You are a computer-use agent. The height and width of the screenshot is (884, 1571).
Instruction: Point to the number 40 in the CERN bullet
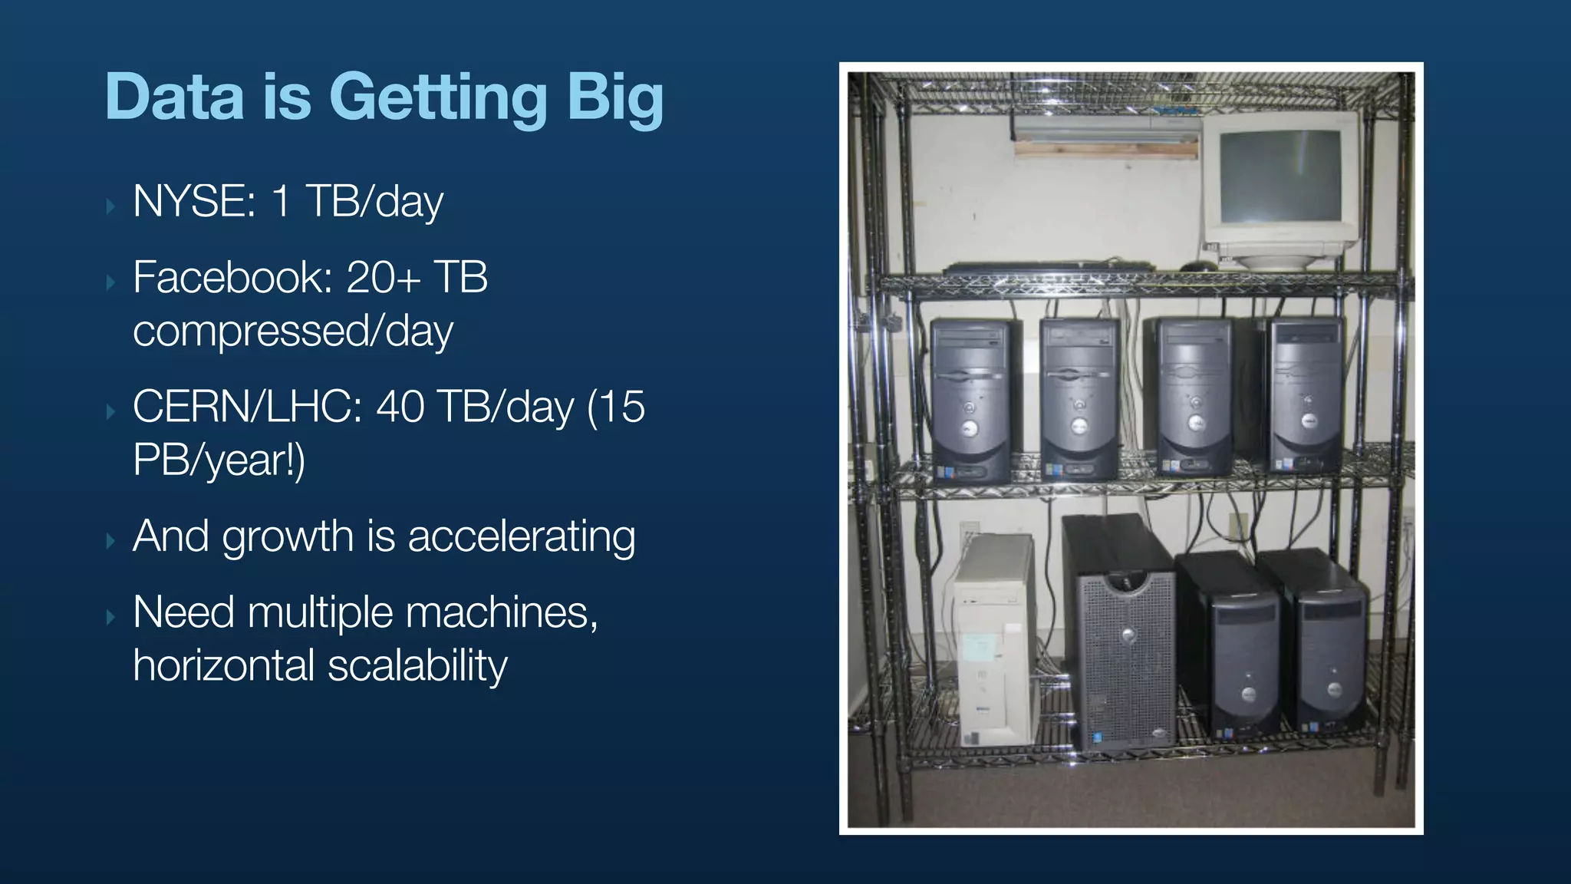click(x=399, y=407)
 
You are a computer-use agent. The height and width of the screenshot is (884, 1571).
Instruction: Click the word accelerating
click(x=522, y=536)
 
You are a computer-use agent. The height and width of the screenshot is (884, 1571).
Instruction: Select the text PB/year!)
click(x=219, y=460)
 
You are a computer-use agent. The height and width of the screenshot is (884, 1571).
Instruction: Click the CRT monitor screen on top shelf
click(x=1280, y=175)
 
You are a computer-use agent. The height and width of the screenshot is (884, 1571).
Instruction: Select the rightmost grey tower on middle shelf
click(x=1306, y=395)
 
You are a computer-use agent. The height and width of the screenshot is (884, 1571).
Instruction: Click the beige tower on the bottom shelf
click(x=995, y=641)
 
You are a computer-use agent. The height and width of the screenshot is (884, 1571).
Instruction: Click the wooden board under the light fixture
click(x=1105, y=149)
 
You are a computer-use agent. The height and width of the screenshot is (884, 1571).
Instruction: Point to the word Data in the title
click(x=175, y=98)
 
